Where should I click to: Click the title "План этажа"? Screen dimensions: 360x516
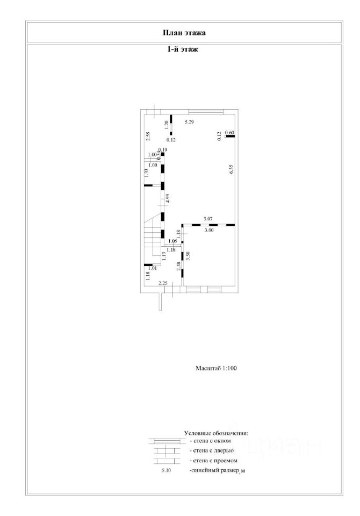pos(184,32)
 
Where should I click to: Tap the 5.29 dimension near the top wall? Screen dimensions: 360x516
pos(189,123)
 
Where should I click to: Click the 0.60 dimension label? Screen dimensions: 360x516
pos(229,133)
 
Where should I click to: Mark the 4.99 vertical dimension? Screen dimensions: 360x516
pos(168,197)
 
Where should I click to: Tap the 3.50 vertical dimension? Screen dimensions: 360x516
pos(188,256)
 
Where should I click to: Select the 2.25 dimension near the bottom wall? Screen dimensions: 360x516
pos(163,283)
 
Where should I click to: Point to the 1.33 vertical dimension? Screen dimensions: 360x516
pos(146,173)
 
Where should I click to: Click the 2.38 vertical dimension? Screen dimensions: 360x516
pos(177,266)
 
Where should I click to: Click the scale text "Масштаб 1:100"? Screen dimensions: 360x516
pos(216,369)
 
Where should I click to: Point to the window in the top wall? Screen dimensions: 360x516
pos(206,112)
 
